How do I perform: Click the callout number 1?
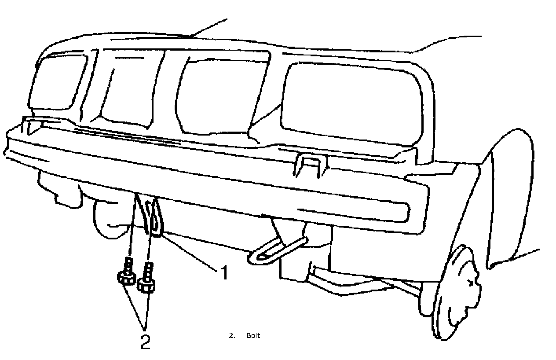[224, 273]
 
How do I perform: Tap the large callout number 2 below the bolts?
[145, 342]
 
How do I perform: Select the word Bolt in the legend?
[253, 336]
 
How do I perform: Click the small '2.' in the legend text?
[232, 336]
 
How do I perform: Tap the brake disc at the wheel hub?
[457, 290]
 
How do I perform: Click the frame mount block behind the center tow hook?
[308, 255]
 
